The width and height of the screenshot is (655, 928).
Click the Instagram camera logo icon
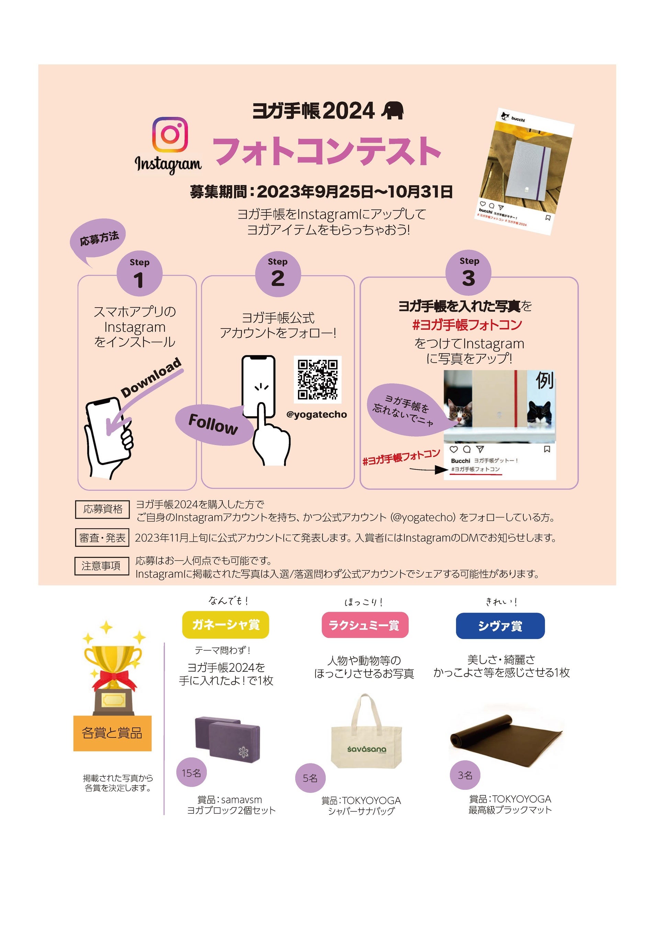pos(170,135)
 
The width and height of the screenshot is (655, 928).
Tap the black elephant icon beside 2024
pos(393,111)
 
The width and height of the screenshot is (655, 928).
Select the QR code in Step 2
pos(318,379)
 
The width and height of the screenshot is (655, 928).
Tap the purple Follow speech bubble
pos(213,424)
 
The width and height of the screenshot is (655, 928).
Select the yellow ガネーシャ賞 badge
pos(225,625)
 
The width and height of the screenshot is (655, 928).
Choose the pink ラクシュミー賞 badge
pos(365,625)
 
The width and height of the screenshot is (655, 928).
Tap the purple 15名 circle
pos(191,772)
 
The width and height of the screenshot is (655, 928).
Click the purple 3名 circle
pos(465,774)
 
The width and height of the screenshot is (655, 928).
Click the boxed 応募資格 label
pos(102,509)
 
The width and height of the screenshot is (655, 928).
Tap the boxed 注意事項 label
pos(101,565)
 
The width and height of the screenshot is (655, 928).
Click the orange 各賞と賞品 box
pos(112,733)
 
